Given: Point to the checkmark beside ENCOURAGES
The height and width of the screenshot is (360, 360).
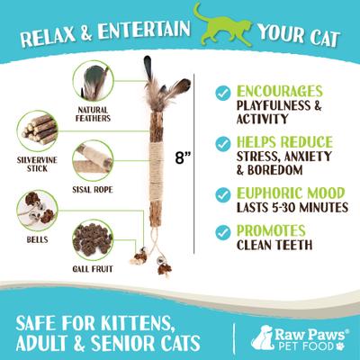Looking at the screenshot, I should [x=221, y=94].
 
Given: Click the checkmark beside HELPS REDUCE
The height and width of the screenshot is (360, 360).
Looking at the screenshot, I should [x=221, y=143].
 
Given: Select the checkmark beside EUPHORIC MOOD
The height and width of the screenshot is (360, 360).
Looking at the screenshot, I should [x=221, y=193].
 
